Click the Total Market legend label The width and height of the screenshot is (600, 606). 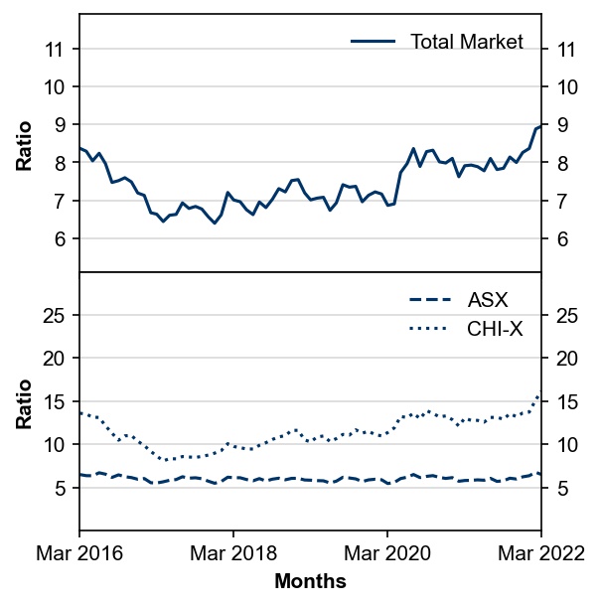pos(467,42)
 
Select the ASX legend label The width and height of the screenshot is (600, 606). pos(488,299)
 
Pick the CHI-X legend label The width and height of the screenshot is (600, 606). pos(495,329)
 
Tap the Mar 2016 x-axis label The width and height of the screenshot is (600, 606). pos(79,553)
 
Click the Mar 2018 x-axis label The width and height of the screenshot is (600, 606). pos(233,553)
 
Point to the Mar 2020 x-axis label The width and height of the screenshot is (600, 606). pos(387,553)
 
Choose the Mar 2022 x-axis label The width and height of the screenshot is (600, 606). pos(540,553)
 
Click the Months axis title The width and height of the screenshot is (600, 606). pos(310,581)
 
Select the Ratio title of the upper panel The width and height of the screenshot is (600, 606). pos(24,146)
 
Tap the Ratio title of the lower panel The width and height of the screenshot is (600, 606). pos(24,404)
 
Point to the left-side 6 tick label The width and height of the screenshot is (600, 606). pos(60,238)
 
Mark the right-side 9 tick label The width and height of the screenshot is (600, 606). pos(562,124)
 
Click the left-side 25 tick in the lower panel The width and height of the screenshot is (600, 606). pos(53,316)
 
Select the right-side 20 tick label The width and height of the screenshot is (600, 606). pos(567,359)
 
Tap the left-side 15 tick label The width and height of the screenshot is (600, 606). pos(53,402)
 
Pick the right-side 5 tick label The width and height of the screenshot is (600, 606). pos(562,489)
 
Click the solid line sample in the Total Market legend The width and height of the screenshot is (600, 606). pos(373,41)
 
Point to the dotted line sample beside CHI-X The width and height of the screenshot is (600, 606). pos(429,329)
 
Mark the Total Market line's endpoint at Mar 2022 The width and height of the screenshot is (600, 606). pos(540,125)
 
